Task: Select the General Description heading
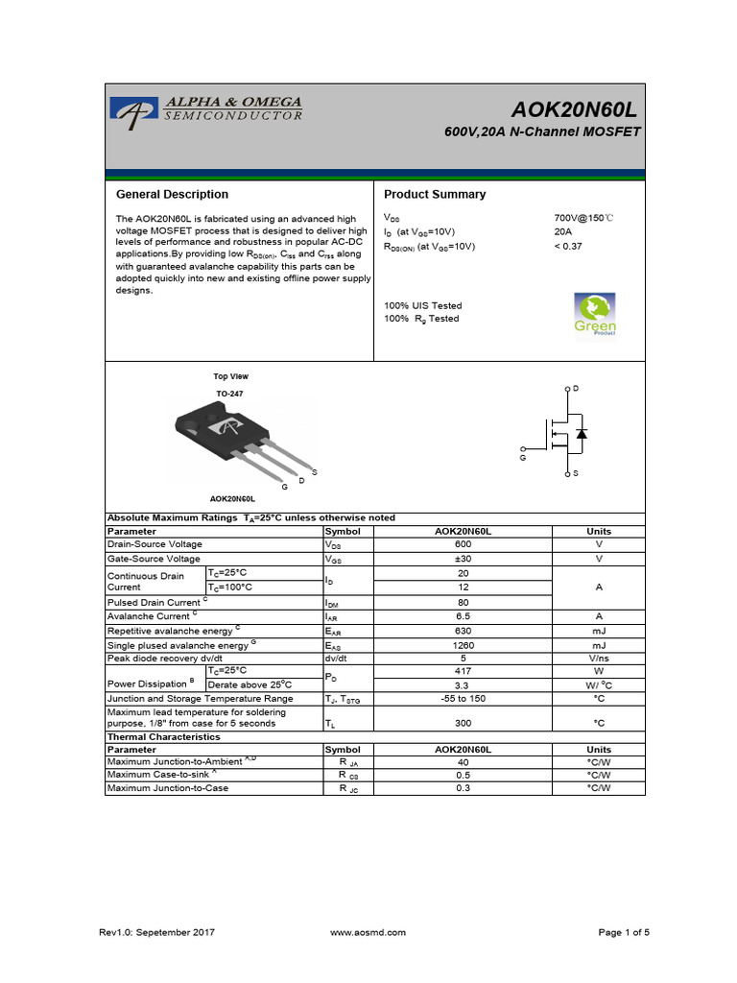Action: point(172,195)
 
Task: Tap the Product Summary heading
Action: point(435,195)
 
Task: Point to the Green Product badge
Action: point(595,315)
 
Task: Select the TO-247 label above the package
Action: point(230,395)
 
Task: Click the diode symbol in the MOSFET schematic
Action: point(582,433)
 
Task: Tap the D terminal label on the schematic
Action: point(576,388)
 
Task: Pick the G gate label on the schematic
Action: point(523,459)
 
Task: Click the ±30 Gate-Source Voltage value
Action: point(464,559)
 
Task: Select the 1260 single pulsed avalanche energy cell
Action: point(464,646)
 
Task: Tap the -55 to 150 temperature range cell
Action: point(464,699)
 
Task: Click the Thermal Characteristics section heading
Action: point(163,737)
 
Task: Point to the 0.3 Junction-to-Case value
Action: point(464,788)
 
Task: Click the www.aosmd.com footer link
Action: point(368,932)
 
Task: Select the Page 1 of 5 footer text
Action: point(624,932)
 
